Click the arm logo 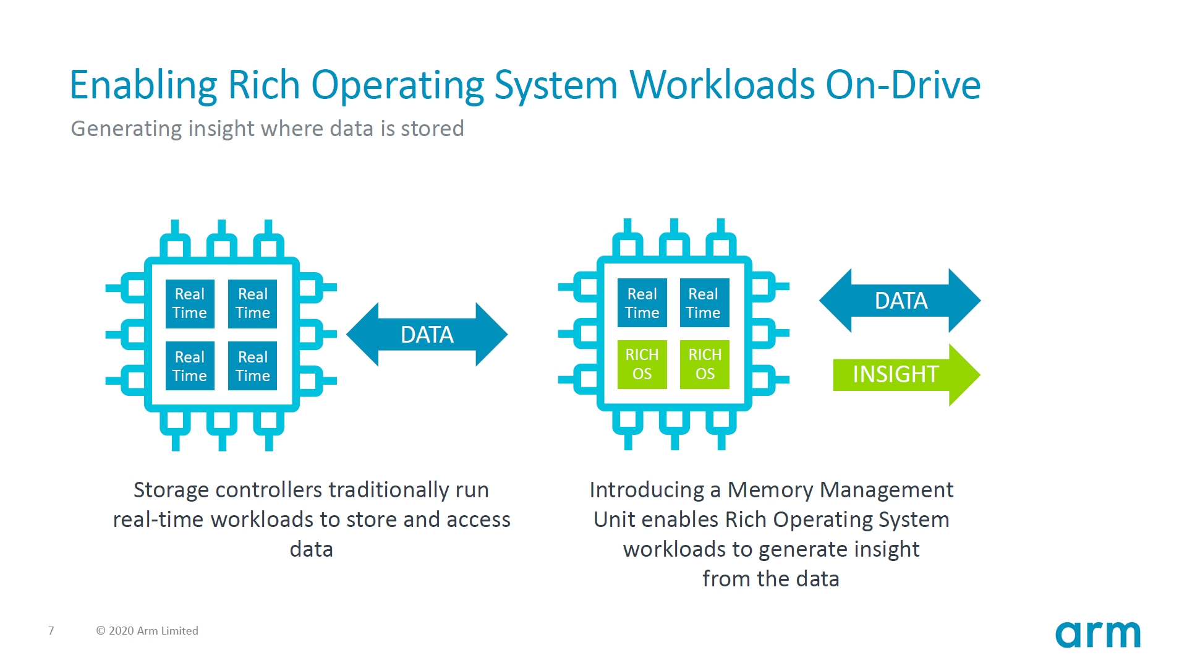1097,635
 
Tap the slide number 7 51,631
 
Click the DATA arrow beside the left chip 427,335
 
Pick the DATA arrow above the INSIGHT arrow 900,301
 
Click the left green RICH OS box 642,364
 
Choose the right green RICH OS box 705,364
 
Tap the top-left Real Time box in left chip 190,303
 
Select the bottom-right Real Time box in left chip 252,366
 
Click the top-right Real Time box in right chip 704,303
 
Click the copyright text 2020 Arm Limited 147,631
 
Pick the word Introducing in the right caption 647,490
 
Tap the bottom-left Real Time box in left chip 190,366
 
